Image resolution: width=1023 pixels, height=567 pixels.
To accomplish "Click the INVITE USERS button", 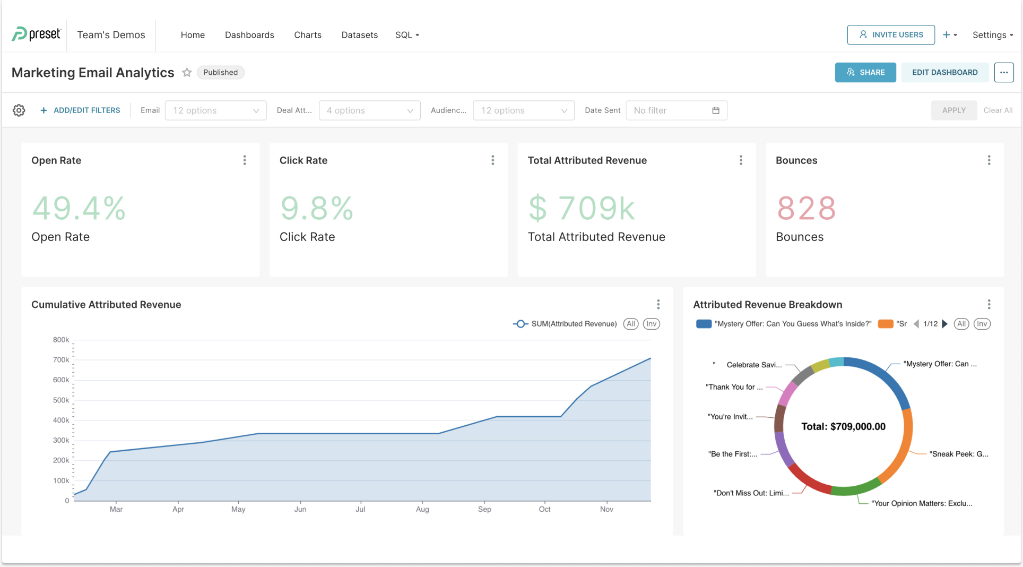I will [891, 35].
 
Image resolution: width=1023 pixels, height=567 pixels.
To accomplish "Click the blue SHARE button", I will [865, 72].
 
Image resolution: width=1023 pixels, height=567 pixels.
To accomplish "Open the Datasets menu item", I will [359, 35].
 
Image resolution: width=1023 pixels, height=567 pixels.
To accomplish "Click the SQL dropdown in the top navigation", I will [407, 35].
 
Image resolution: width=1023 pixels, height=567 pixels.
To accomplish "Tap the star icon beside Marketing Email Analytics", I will [187, 72].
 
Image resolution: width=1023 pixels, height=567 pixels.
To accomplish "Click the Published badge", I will [220, 72].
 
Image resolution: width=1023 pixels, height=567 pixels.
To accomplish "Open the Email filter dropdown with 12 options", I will [215, 110].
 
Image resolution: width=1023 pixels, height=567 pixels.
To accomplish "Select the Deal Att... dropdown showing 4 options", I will [369, 110].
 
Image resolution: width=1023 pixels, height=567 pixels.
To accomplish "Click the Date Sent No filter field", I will [676, 110].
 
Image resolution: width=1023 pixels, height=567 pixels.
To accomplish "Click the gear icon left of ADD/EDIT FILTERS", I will [19, 110].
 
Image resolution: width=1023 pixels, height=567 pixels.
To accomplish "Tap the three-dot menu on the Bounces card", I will [989, 160].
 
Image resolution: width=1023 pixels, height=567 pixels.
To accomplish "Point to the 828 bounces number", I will [806, 208].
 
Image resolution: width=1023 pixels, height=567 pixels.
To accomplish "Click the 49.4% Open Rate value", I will [79, 208].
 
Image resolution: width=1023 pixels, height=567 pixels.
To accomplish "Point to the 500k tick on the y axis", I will [61, 400].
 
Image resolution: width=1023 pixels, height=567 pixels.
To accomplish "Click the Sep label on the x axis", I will [484, 509].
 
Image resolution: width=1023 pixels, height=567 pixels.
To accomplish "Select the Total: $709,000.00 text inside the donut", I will [843, 427].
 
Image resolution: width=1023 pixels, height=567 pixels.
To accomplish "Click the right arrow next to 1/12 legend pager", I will [944, 324].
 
